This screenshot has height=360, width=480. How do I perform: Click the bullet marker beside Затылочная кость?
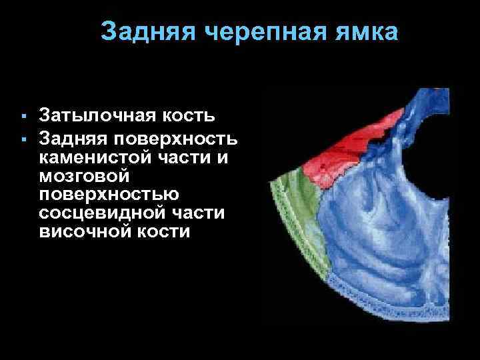tap(23, 117)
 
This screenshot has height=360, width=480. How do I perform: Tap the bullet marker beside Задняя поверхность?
tap(23, 139)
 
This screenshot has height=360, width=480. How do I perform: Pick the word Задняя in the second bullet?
tap(73, 139)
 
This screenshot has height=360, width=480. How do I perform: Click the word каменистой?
tap(101, 158)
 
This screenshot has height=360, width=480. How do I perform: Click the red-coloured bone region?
tap(340, 156)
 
